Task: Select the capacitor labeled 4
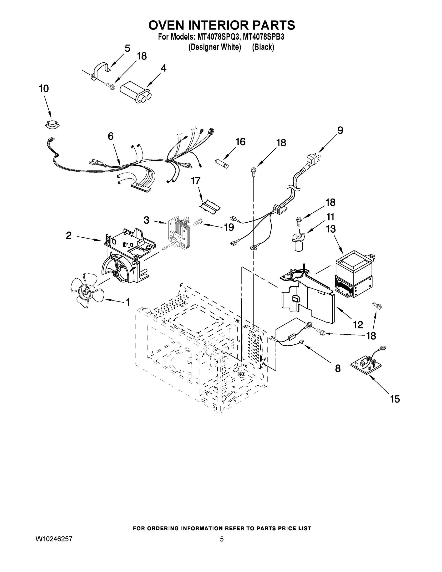pos(136,93)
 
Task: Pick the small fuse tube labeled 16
pos(222,163)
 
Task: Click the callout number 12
pos(358,325)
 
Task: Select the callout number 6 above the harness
pos(111,136)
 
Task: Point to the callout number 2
pos(69,235)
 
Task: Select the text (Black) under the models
pos(263,47)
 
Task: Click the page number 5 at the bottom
pos(222,539)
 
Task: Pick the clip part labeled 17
pos(210,207)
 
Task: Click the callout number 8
pos(338,368)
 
